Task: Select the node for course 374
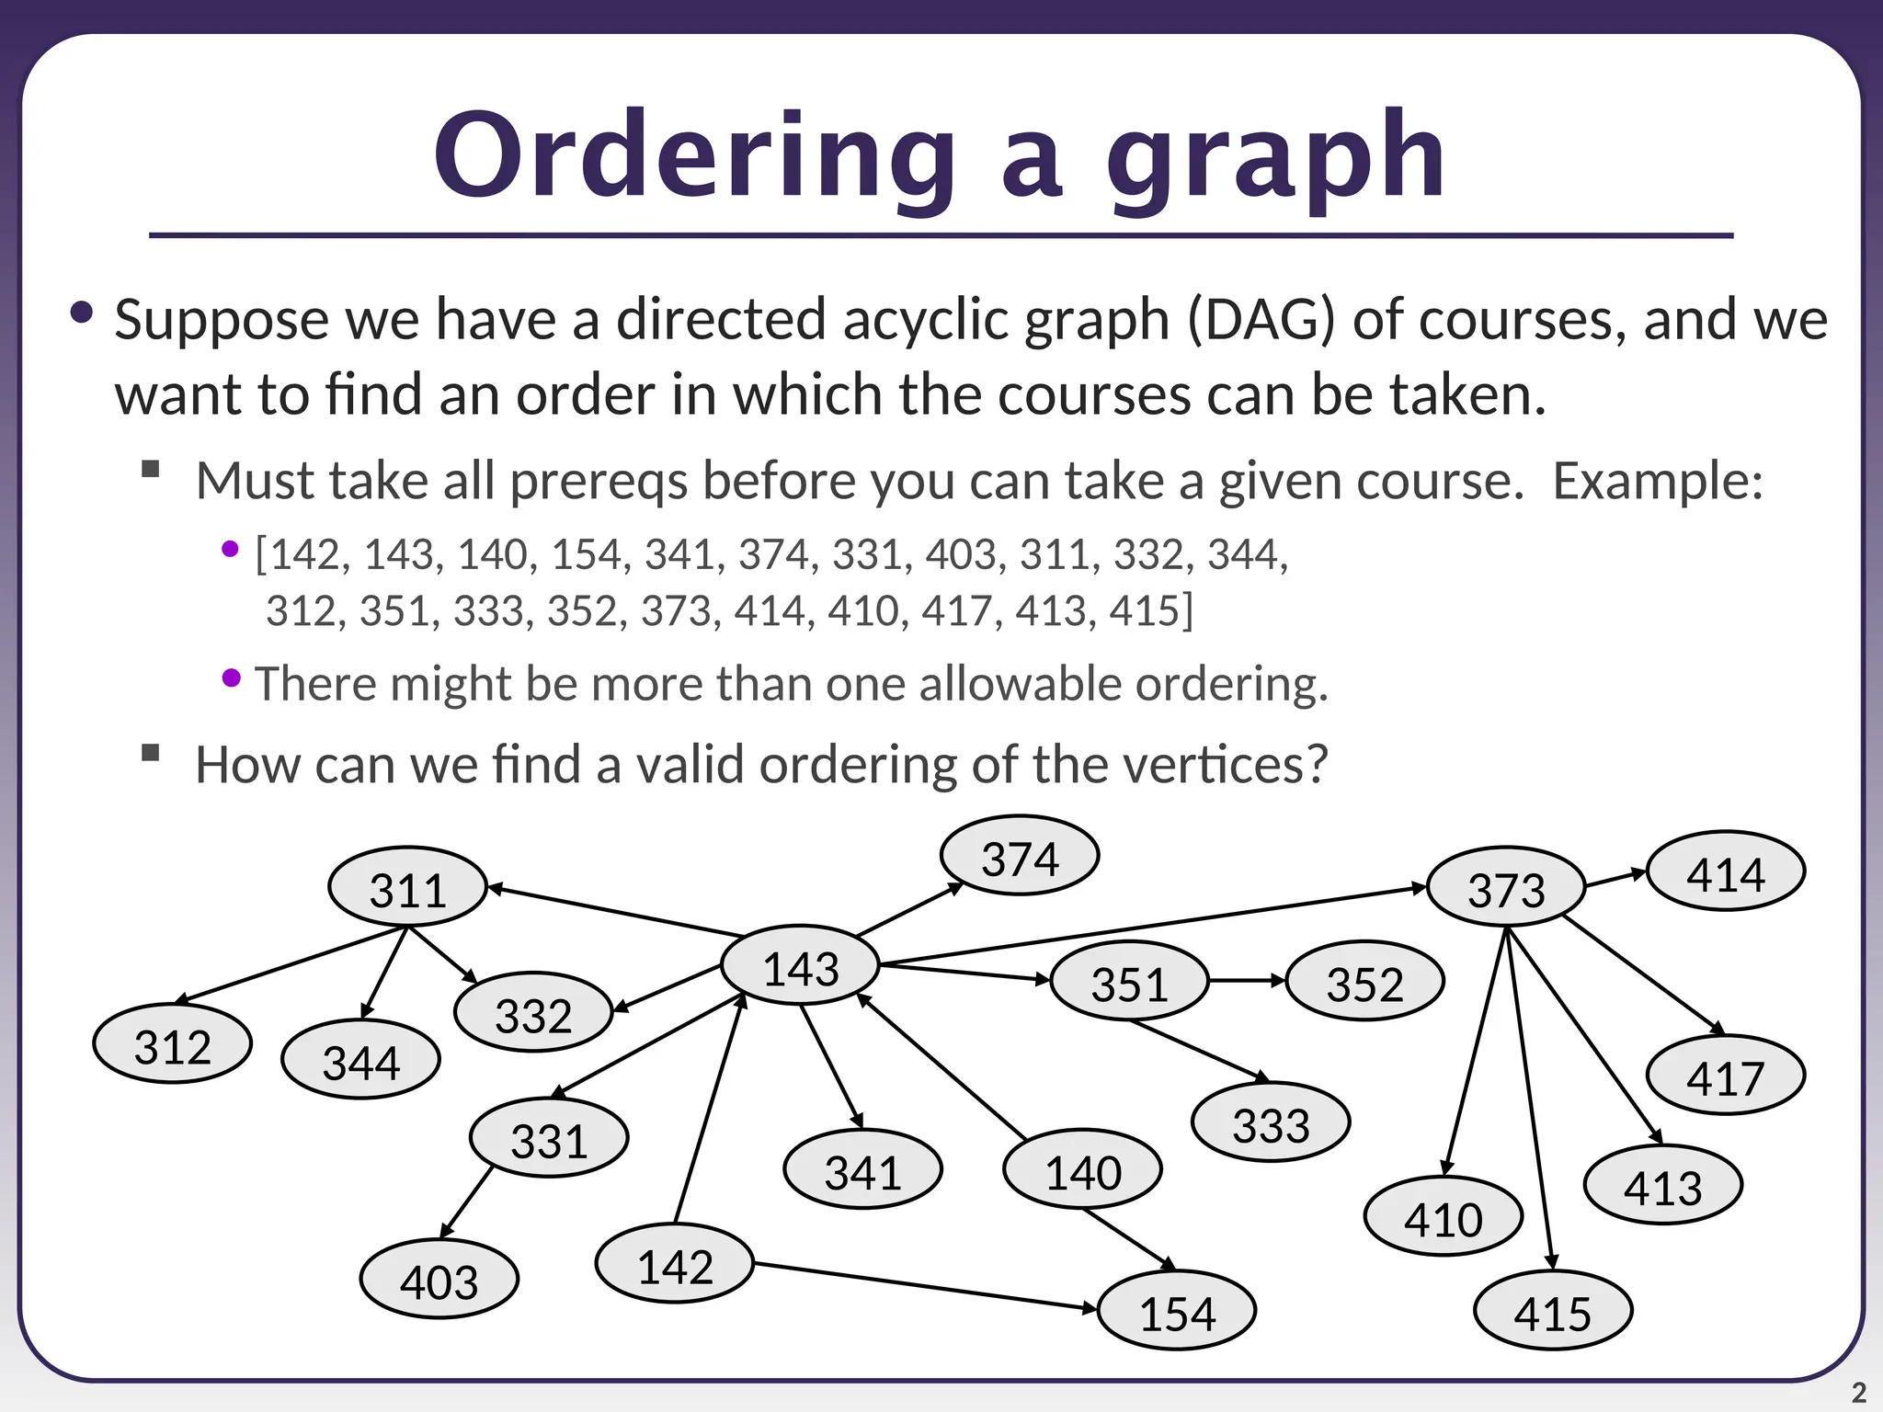tap(1020, 856)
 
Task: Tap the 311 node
tap(407, 887)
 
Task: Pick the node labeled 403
tap(439, 1280)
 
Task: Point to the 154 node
tap(1177, 1311)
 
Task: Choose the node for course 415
tap(1553, 1311)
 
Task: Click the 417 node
tap(1726, 1076)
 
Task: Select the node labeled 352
tap(1365, 982)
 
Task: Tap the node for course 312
tap(173, 1044)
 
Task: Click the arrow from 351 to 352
tap(1247, 981)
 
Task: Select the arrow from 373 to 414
tap(1616, 879)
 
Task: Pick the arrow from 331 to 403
tap(467, 1202)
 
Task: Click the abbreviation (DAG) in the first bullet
tap(1261, 321)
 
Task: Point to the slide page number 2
tap(1858, 1393)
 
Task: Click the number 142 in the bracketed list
tap(307, 554)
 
